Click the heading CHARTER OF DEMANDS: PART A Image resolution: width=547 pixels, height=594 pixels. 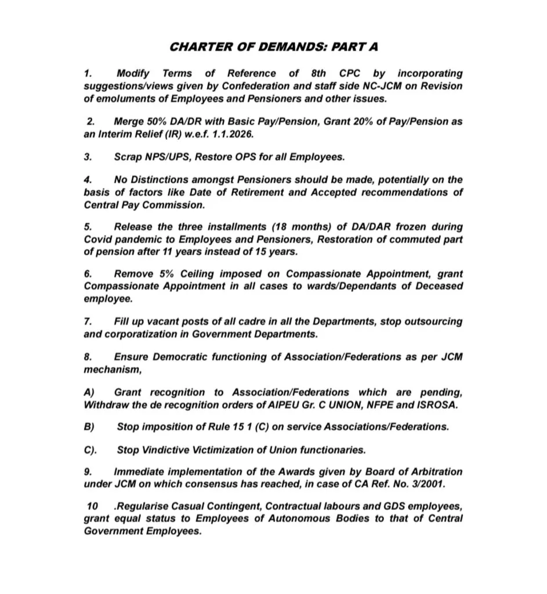273,46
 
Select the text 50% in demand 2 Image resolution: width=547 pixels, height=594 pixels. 158,122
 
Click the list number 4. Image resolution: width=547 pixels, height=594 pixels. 88,180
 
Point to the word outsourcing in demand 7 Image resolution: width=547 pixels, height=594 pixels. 430,321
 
